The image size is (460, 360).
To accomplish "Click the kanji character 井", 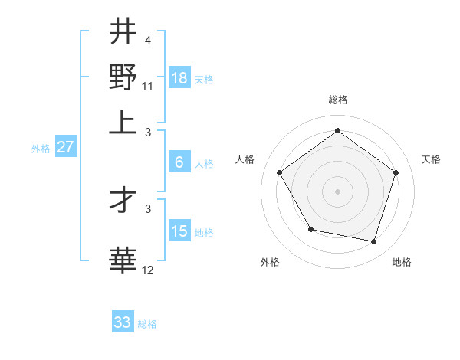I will (123, 31).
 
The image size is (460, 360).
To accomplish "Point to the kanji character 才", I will (123, 201).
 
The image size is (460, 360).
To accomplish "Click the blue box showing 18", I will (179, 77).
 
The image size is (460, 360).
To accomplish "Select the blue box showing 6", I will (179, 162).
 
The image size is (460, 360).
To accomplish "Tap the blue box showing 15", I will (179, 231).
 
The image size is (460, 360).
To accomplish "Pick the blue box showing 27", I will (65, 147).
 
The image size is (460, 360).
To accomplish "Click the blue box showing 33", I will (123, 322).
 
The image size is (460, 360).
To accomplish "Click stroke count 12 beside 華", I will (149, 270).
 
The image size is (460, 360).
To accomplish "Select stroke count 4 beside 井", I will (148, 40).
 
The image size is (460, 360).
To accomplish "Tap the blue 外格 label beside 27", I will (41, 149).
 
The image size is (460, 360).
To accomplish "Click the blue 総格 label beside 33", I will (147, 324).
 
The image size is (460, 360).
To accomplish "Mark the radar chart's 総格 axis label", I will (337, 100).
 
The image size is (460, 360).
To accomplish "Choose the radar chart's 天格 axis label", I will (431, 159).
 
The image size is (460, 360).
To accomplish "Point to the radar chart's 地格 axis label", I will (402, 262).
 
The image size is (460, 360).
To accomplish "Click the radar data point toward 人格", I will (280, 172).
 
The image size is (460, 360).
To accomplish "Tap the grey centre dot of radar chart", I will (337, 191).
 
